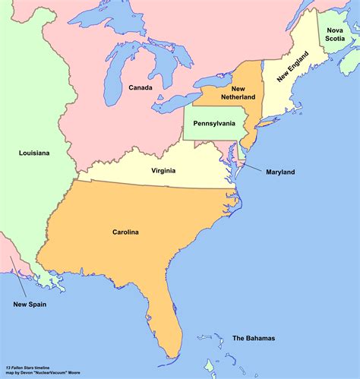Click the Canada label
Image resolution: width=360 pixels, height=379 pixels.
(141, 87)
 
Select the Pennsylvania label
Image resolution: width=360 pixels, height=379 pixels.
(215, 122)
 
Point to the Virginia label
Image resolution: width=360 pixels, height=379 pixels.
(163, 170)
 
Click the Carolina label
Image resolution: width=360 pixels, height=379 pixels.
(125, 232)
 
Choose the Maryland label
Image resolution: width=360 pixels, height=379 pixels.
(280, 172)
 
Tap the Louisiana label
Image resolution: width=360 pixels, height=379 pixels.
(34, 153)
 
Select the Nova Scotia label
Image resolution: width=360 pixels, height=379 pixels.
(336, 34)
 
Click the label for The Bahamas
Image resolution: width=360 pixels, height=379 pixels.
(254, 338)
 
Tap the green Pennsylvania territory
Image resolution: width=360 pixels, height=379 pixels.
(205, 133)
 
